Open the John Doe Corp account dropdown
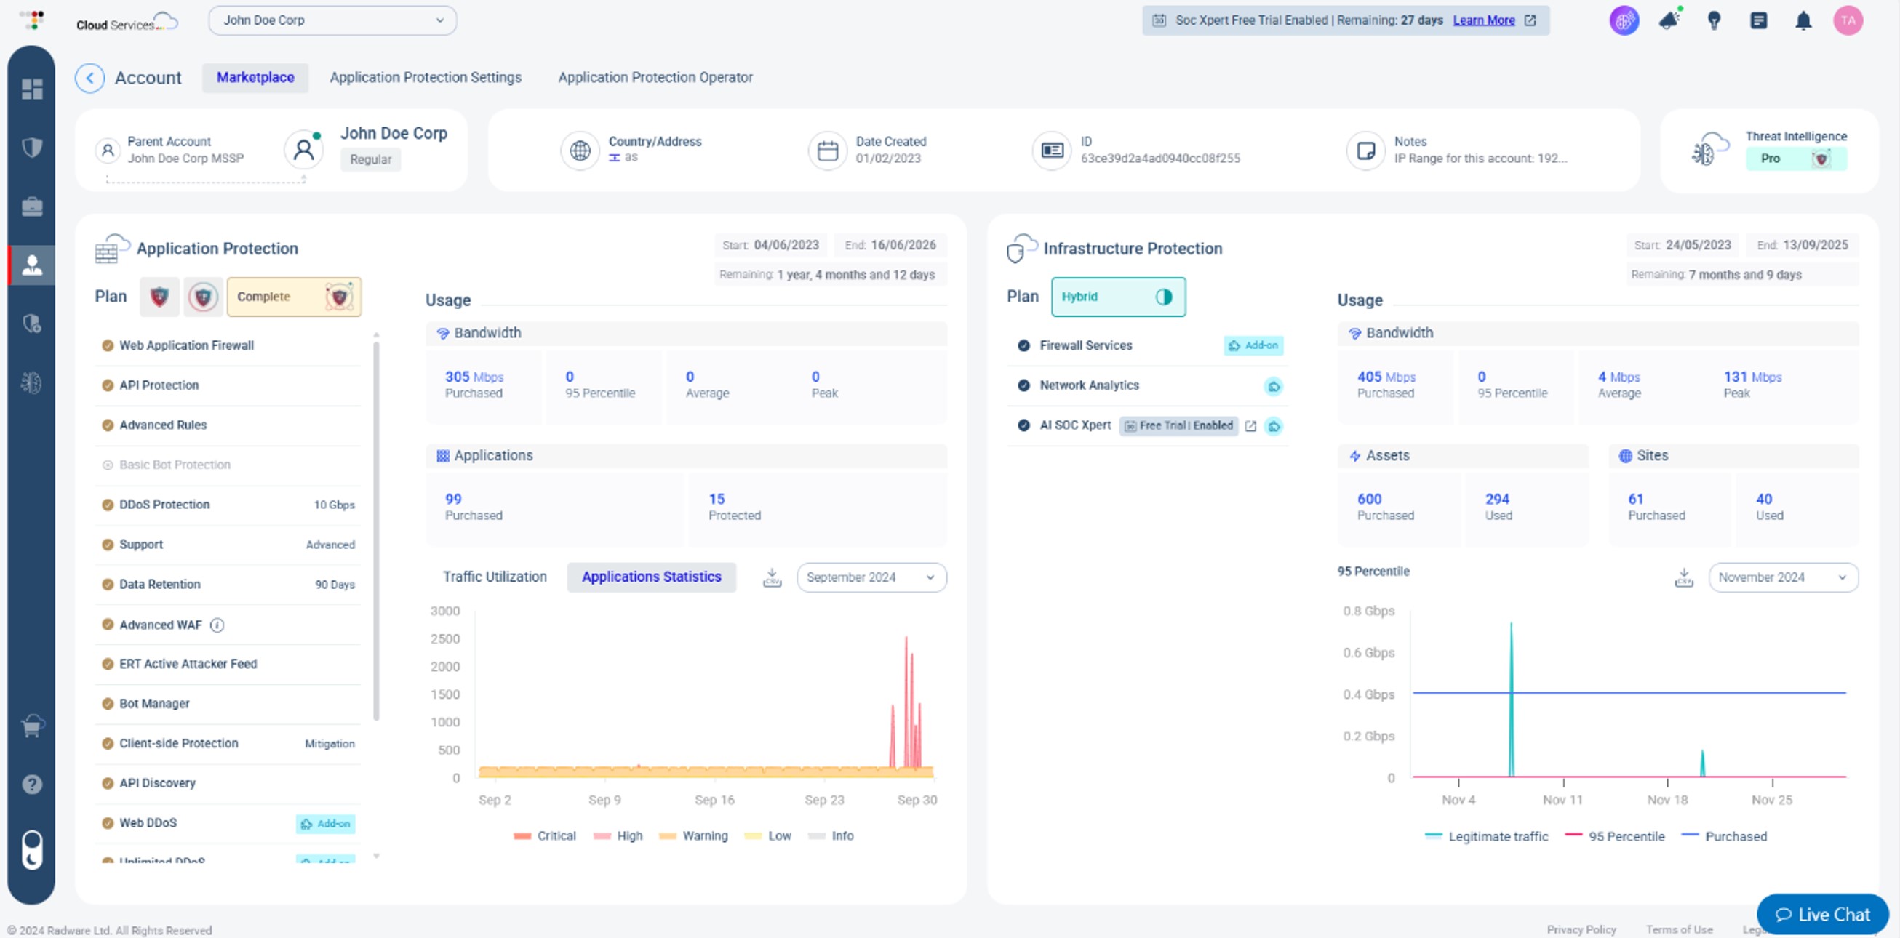[332, 20]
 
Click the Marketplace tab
[255, 77]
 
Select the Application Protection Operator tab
[655, 77]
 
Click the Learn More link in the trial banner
[1483, 20]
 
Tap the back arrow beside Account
[90, 77]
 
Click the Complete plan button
[294, 297]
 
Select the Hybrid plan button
[1117, 297]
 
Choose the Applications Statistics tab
[651, 577]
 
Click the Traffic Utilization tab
[495, 577]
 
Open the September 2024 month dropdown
[871, 577]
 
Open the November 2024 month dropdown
[1783, 577]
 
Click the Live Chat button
[1823, 915]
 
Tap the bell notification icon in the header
[1803, 20]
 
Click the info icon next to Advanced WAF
[217, 625]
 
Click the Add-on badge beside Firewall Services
[1253, 345]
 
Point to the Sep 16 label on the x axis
[714, 800]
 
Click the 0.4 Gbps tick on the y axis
[1368, 694]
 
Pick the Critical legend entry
[545, 835]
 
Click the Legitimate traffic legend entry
[1487, 836]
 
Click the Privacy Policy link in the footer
[1581, 930]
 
